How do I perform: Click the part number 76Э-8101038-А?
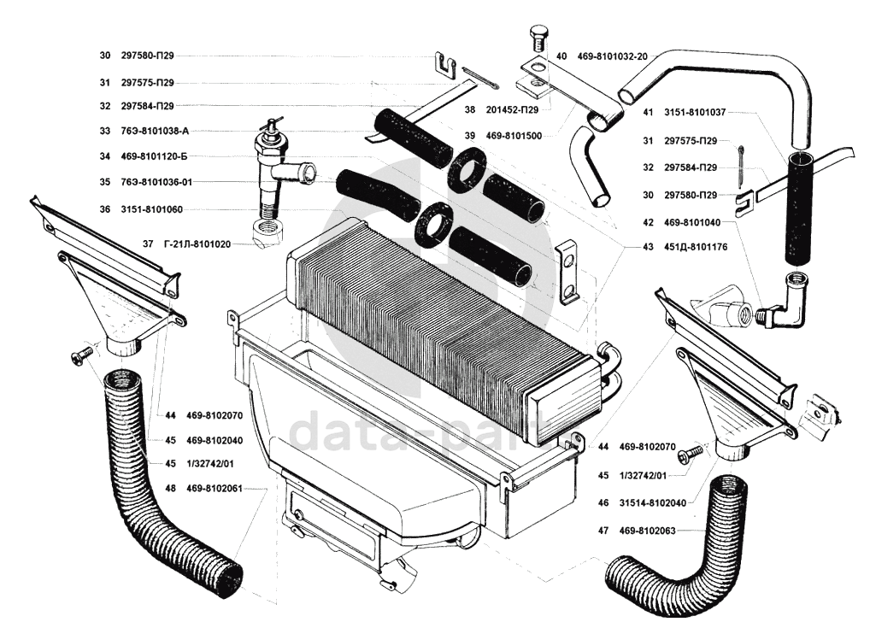coord(155,131)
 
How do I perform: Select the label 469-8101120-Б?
coord(155,156)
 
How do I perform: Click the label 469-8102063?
coord(648,531)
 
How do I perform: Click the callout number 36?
coord(104,209)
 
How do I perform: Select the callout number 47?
coord(603,531)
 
